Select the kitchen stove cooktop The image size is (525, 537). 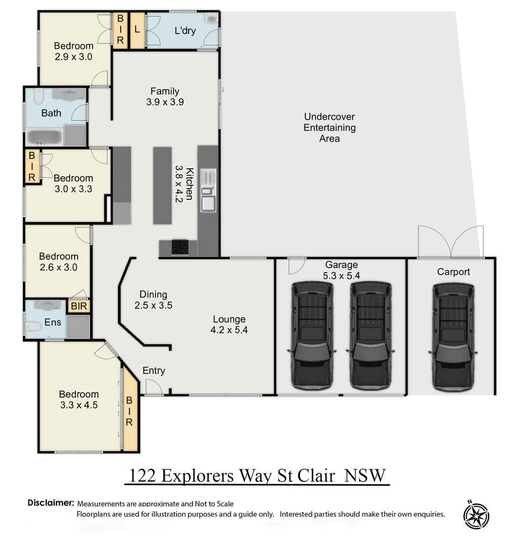[x=180, y=247]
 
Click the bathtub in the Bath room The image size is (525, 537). [x=43, y=137]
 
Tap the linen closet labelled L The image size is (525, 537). [x=137, y=30]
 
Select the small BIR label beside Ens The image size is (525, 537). [x=79, y=306]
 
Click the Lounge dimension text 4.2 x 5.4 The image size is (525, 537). [x=229, y=330]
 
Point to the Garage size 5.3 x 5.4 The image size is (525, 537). [x=341, y=276]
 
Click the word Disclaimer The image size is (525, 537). [x=50, y=503]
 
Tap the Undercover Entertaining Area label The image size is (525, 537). [x=329, y=127]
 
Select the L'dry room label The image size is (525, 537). [x=185, y=31]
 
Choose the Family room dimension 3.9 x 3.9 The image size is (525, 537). [x=165, y=102]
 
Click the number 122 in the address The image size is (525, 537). [x=142, y=476]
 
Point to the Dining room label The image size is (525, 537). [x=153, y=294]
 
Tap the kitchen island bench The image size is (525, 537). [x=162, y=185]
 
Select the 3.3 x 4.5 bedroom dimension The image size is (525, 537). [x=79, y=405]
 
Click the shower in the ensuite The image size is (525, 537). [x=78, y=326]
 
